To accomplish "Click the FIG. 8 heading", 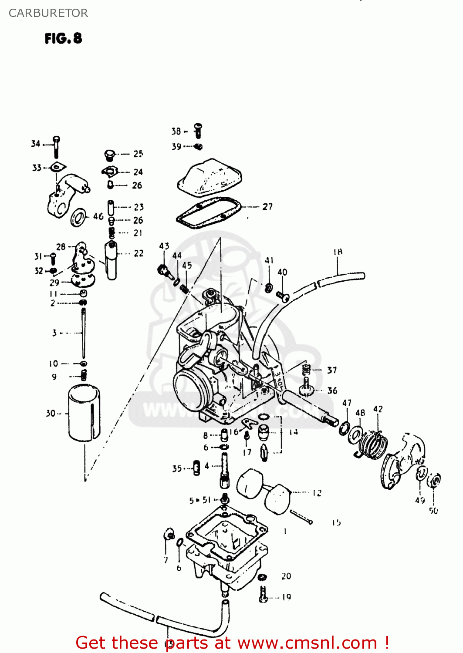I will [x=63, y=38].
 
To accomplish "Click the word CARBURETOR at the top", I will [x=48, y=13].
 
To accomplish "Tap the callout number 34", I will [x=36, y=143].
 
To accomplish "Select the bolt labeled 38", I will [x=198, y=130].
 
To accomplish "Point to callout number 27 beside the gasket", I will [x=267, y=207].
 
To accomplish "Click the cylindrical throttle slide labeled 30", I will [x=84, y=412].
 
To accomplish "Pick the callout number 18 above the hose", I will [x=338, y=252].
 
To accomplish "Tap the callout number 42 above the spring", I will [x=378, y=409].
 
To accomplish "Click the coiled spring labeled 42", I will [x=373, y=444].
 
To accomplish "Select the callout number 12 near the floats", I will [x=317, y=493].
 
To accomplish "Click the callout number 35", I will [x=177, y=468].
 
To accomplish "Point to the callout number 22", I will [x=139, y=253].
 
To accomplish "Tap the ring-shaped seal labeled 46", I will [x=78, y=217].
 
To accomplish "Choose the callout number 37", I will [x=332, y=370].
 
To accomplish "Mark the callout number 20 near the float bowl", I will [x=286, y=576].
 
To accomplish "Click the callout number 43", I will [x=164, y=246].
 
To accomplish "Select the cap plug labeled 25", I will [x=110, y=155].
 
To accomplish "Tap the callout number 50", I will [x=433, y=510].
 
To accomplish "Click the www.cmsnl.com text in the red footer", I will [x=307, y=643].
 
